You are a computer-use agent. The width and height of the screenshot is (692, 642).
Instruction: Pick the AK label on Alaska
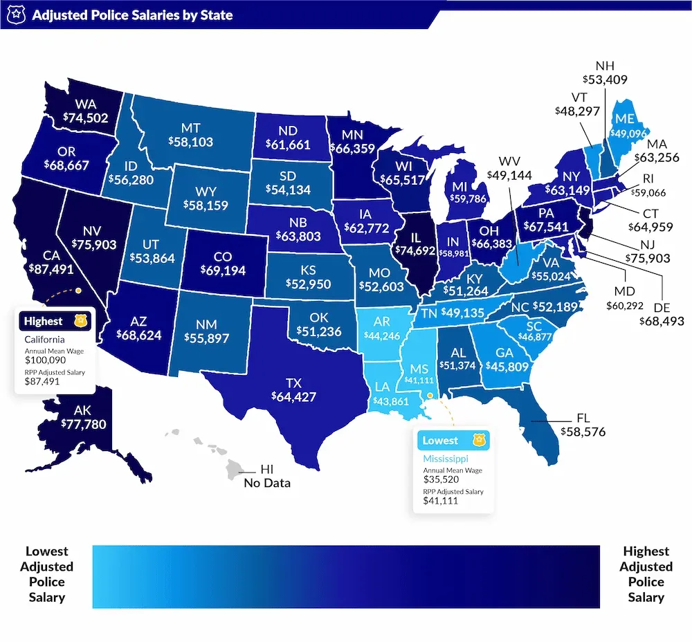(83, 410)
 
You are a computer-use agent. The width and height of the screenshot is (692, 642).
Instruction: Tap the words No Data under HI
(267, 483)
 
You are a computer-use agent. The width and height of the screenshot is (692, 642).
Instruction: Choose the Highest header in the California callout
(43, 321)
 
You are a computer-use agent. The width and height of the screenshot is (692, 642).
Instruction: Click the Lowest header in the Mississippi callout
(440, 440)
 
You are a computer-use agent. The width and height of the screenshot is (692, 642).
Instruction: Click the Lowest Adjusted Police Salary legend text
(47, 574)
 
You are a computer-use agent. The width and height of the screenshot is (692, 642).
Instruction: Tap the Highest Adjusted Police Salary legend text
(646, 574)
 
